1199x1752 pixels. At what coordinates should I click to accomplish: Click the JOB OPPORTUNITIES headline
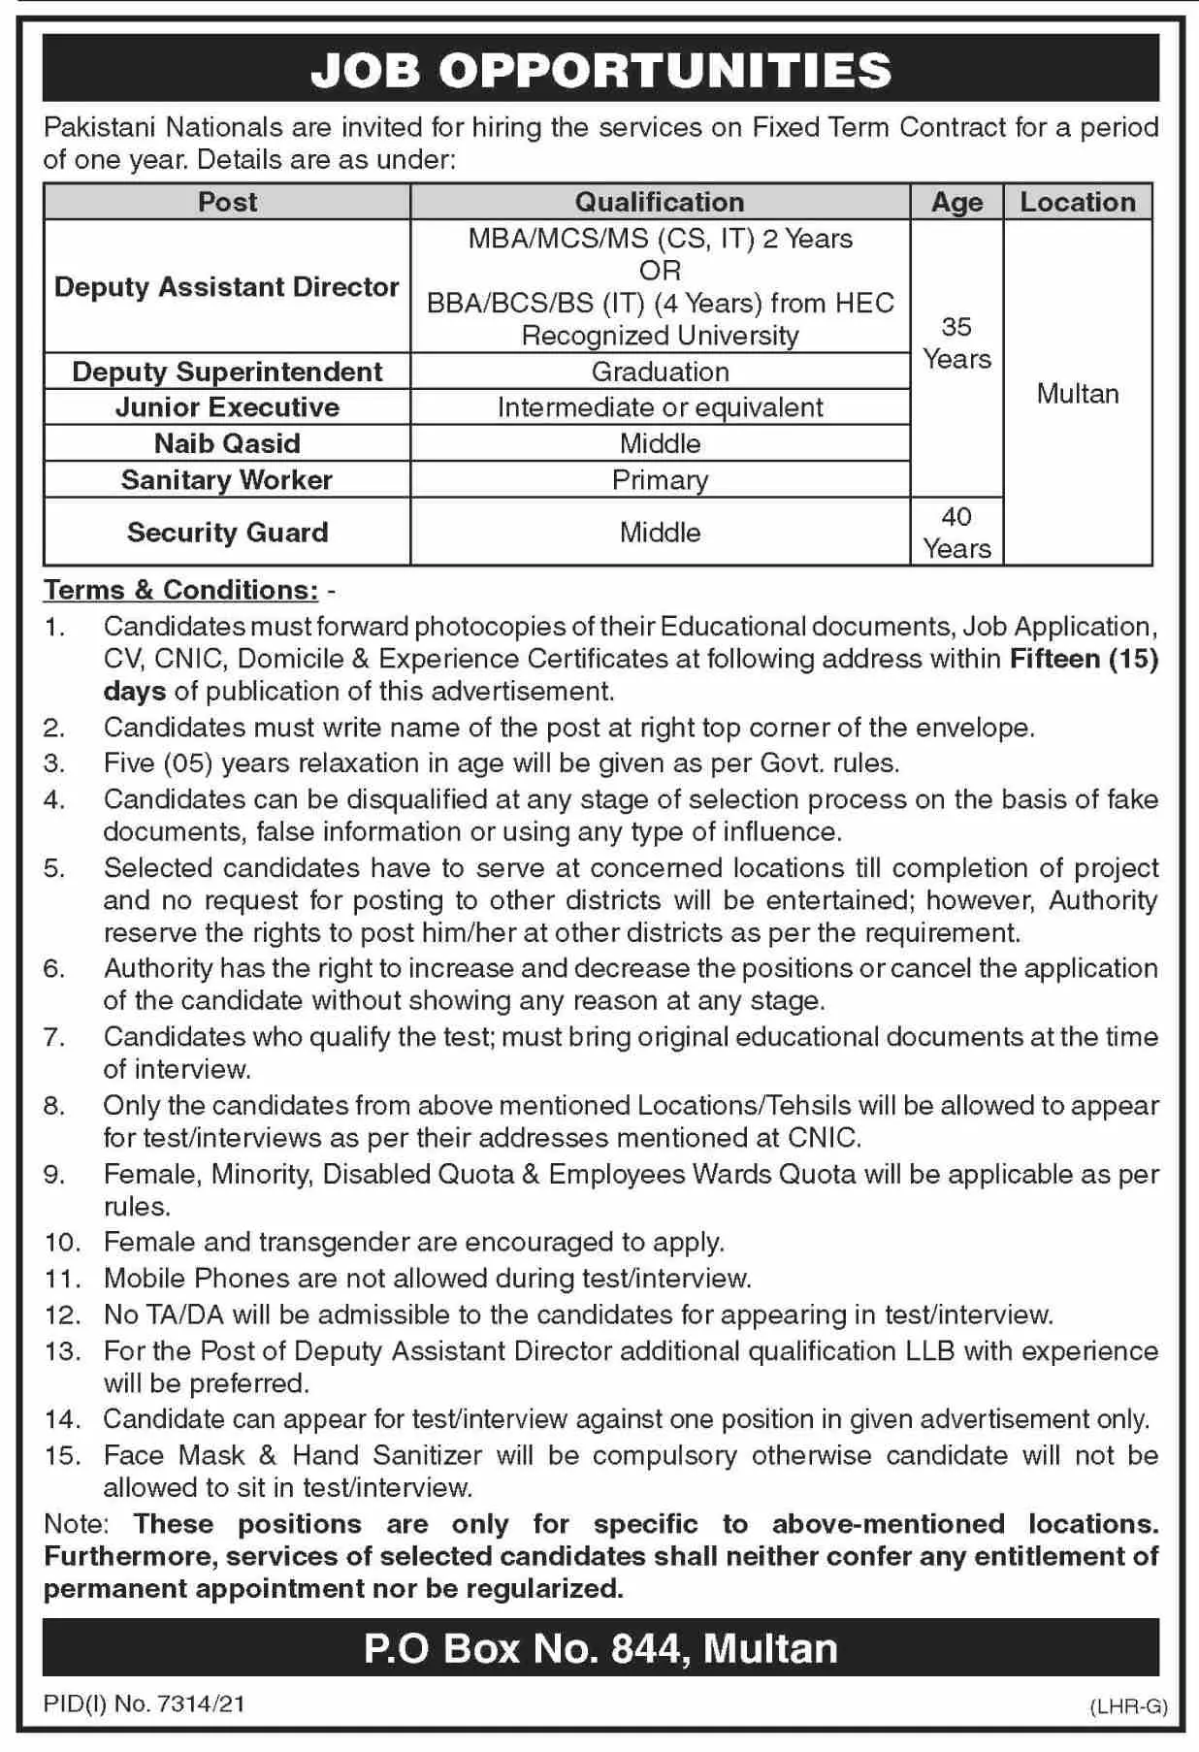click(x=600, y=70)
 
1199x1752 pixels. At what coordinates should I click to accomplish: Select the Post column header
click(x=227, y=202)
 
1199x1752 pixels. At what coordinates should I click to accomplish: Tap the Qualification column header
click(x=660, y=202)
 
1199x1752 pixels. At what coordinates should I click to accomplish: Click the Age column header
click(x=956, y=202)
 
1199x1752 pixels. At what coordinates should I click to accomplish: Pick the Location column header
click(x=1077, y=202)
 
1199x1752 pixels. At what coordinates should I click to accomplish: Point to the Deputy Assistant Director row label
click(x=227, y=287)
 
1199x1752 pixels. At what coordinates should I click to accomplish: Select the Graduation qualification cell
click(x=660, y=372)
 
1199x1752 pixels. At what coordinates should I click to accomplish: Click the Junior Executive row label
click(x=227, y=407)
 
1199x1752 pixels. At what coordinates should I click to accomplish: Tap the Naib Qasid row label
click(x=227, y=443)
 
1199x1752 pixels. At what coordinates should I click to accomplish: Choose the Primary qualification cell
click(x=660, y=480)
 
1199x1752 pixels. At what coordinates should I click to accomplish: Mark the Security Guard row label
click(x=227, y=532)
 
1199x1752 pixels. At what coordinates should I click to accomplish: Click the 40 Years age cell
click(x=956, y=533)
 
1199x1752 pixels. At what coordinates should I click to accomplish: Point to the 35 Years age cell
click(x=956, y=343)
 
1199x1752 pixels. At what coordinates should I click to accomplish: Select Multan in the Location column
click(x=1077, y=394)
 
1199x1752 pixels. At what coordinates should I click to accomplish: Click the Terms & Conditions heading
click(x=181, y=590)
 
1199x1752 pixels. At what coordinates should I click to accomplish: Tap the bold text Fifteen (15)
click(x=1084, y=659)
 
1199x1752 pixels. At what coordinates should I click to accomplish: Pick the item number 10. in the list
click(x=63, y=1243)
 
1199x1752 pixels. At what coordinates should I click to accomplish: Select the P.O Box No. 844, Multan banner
click(x=600, y=1648)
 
